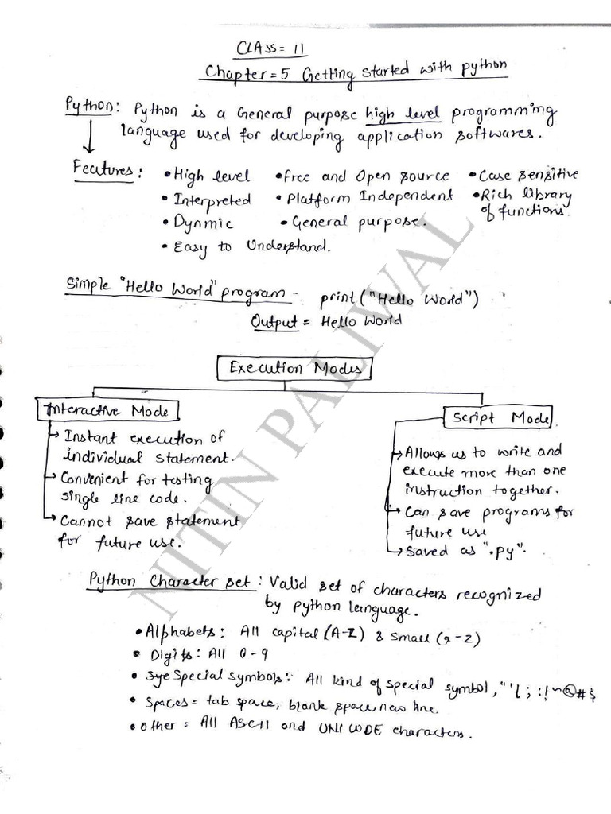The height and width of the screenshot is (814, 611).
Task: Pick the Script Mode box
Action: point(500,418)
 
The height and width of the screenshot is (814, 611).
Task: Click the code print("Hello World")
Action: point(399,300)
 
